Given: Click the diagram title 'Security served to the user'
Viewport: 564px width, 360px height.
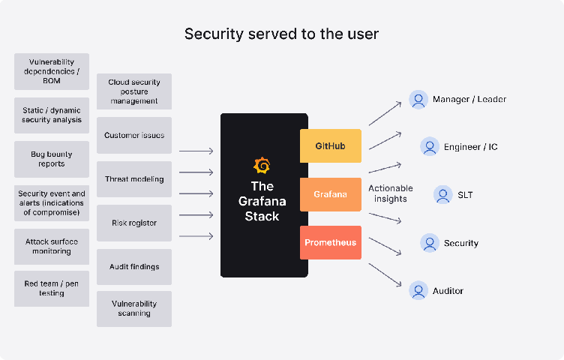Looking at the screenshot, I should [281, 34].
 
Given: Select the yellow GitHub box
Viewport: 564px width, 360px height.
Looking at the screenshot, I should [331, 145].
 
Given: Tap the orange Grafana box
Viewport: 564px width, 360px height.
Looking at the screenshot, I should [331, 194].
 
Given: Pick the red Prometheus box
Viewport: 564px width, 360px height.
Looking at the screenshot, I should [331, 242].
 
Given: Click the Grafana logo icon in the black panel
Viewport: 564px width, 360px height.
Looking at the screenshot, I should [262, 165].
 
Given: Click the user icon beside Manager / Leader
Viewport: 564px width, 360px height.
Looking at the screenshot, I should [418, 99].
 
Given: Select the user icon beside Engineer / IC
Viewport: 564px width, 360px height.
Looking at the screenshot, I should [430, 146].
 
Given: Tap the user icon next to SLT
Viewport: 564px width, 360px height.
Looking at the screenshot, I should [442, 194].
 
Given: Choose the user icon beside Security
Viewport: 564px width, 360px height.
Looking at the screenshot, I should [430, 243].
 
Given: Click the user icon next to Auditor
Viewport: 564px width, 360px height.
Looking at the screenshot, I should [418, 290].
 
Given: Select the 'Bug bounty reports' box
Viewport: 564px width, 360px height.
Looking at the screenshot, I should [52, 159].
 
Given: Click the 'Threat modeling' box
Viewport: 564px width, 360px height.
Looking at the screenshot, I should [134, 179].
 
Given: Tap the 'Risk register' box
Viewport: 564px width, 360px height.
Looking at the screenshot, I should [134, 223].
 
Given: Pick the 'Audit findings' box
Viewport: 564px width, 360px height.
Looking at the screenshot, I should [134, 266].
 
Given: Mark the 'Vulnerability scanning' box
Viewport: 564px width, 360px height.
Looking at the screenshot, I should [134, 308].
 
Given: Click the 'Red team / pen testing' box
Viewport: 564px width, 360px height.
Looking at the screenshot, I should [52, 289].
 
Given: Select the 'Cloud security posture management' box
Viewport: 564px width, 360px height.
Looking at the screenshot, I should [134, 91].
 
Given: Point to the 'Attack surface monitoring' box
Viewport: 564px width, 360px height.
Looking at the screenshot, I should [52, 247].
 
